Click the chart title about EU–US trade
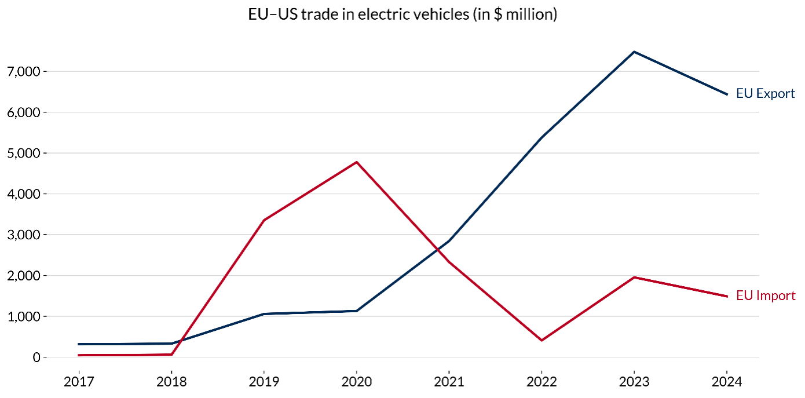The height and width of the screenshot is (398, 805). pos(402,14)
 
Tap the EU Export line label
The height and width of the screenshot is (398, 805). pos(765,93)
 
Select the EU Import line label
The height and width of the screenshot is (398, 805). pos(766,295)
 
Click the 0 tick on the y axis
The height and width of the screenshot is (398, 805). pos(36,357)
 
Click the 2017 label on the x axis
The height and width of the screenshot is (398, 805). pos(79,382)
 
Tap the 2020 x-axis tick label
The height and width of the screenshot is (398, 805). pos(356,382)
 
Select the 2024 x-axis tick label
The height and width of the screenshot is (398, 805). pos(727,382)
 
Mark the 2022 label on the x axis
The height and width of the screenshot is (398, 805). pos(541,382)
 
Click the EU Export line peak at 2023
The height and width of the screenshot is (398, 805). pos(634,52)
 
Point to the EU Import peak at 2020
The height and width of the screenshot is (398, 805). pos(356,162)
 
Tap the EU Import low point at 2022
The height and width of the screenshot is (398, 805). pos(541,340)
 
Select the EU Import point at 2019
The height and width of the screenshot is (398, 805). pos(264,220)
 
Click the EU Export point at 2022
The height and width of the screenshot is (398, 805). pos(541,137)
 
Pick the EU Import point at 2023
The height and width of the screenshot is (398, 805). pos(634,277)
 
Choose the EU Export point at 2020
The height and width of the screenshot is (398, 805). pos(356,311)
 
